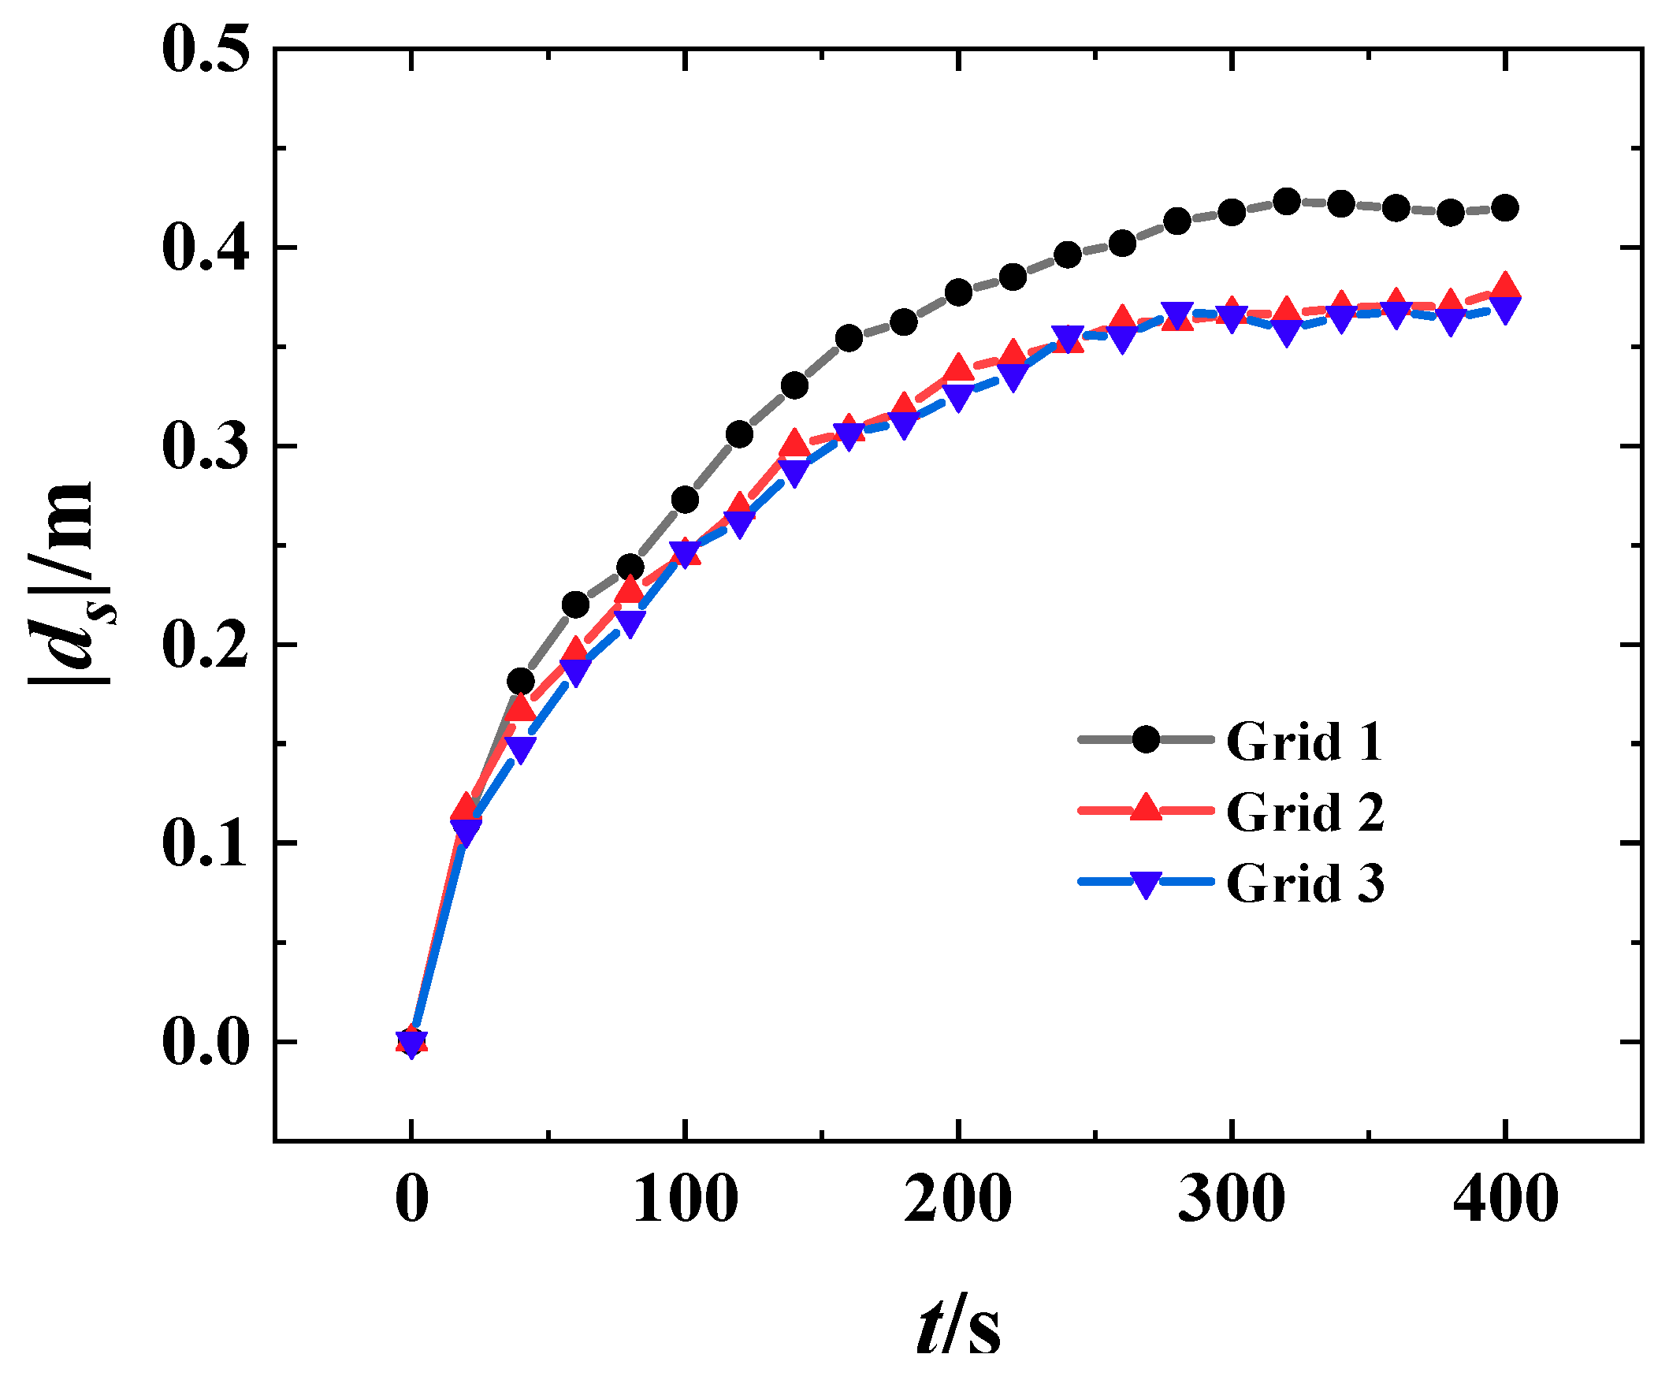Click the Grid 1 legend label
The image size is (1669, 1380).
tap(1304, 742)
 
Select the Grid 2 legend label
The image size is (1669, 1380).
tap(1304, 813)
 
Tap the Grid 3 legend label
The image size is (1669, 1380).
tap(1304, 883)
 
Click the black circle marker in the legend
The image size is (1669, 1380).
tap(1146, 739)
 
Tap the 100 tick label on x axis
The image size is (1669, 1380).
tap(684, 1200)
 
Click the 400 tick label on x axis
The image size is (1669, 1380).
tap(1505, 1200)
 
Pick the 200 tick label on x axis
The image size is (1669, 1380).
tap(958, 1200)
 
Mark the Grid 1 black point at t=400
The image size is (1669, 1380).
tap(1505, 208)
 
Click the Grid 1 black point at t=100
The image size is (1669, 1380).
tap(685, 500)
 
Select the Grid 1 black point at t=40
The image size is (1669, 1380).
tap(521, 681)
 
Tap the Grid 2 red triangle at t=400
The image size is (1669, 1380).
tap(1504, 286)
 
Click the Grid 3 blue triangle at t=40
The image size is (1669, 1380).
tap(522, 748)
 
